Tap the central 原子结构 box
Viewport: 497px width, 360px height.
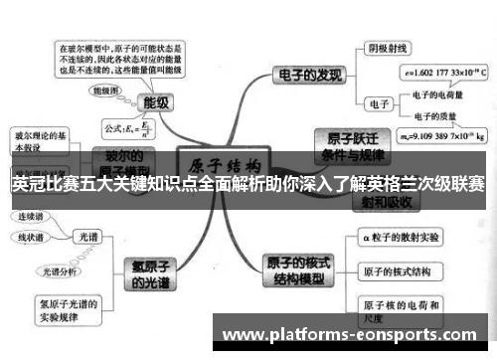coord(224,165)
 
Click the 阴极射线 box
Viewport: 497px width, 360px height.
coord(389,48)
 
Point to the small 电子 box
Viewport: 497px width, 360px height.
coord(379,102)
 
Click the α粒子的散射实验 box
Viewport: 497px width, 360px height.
coord(403,239)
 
